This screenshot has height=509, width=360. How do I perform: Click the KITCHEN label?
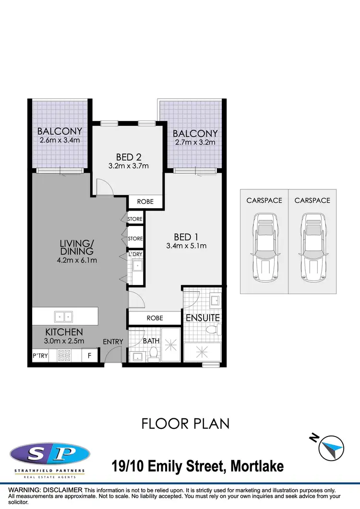click(64, 332)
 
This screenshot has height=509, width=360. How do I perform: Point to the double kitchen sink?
click(64, 316)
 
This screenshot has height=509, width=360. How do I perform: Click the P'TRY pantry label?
click(38, 356)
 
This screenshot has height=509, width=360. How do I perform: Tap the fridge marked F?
click(89, 356)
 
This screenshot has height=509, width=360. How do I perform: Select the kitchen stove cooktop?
click(64, 355)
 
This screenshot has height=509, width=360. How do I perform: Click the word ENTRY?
click(113, 342)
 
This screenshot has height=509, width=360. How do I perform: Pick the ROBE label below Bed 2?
click(145, 202)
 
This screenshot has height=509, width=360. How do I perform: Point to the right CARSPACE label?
click(312, 201)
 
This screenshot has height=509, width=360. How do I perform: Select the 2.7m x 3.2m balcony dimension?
click(195, 142)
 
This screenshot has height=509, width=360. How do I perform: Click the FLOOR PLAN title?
click(185, 424)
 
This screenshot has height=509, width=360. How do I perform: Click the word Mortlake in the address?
click(257, 465)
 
